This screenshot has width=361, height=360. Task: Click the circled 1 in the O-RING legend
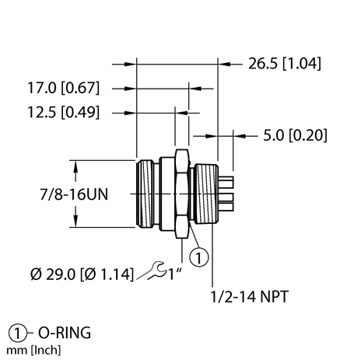(x=14, y=333)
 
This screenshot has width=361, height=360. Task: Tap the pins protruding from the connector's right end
(x=227, y=194)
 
